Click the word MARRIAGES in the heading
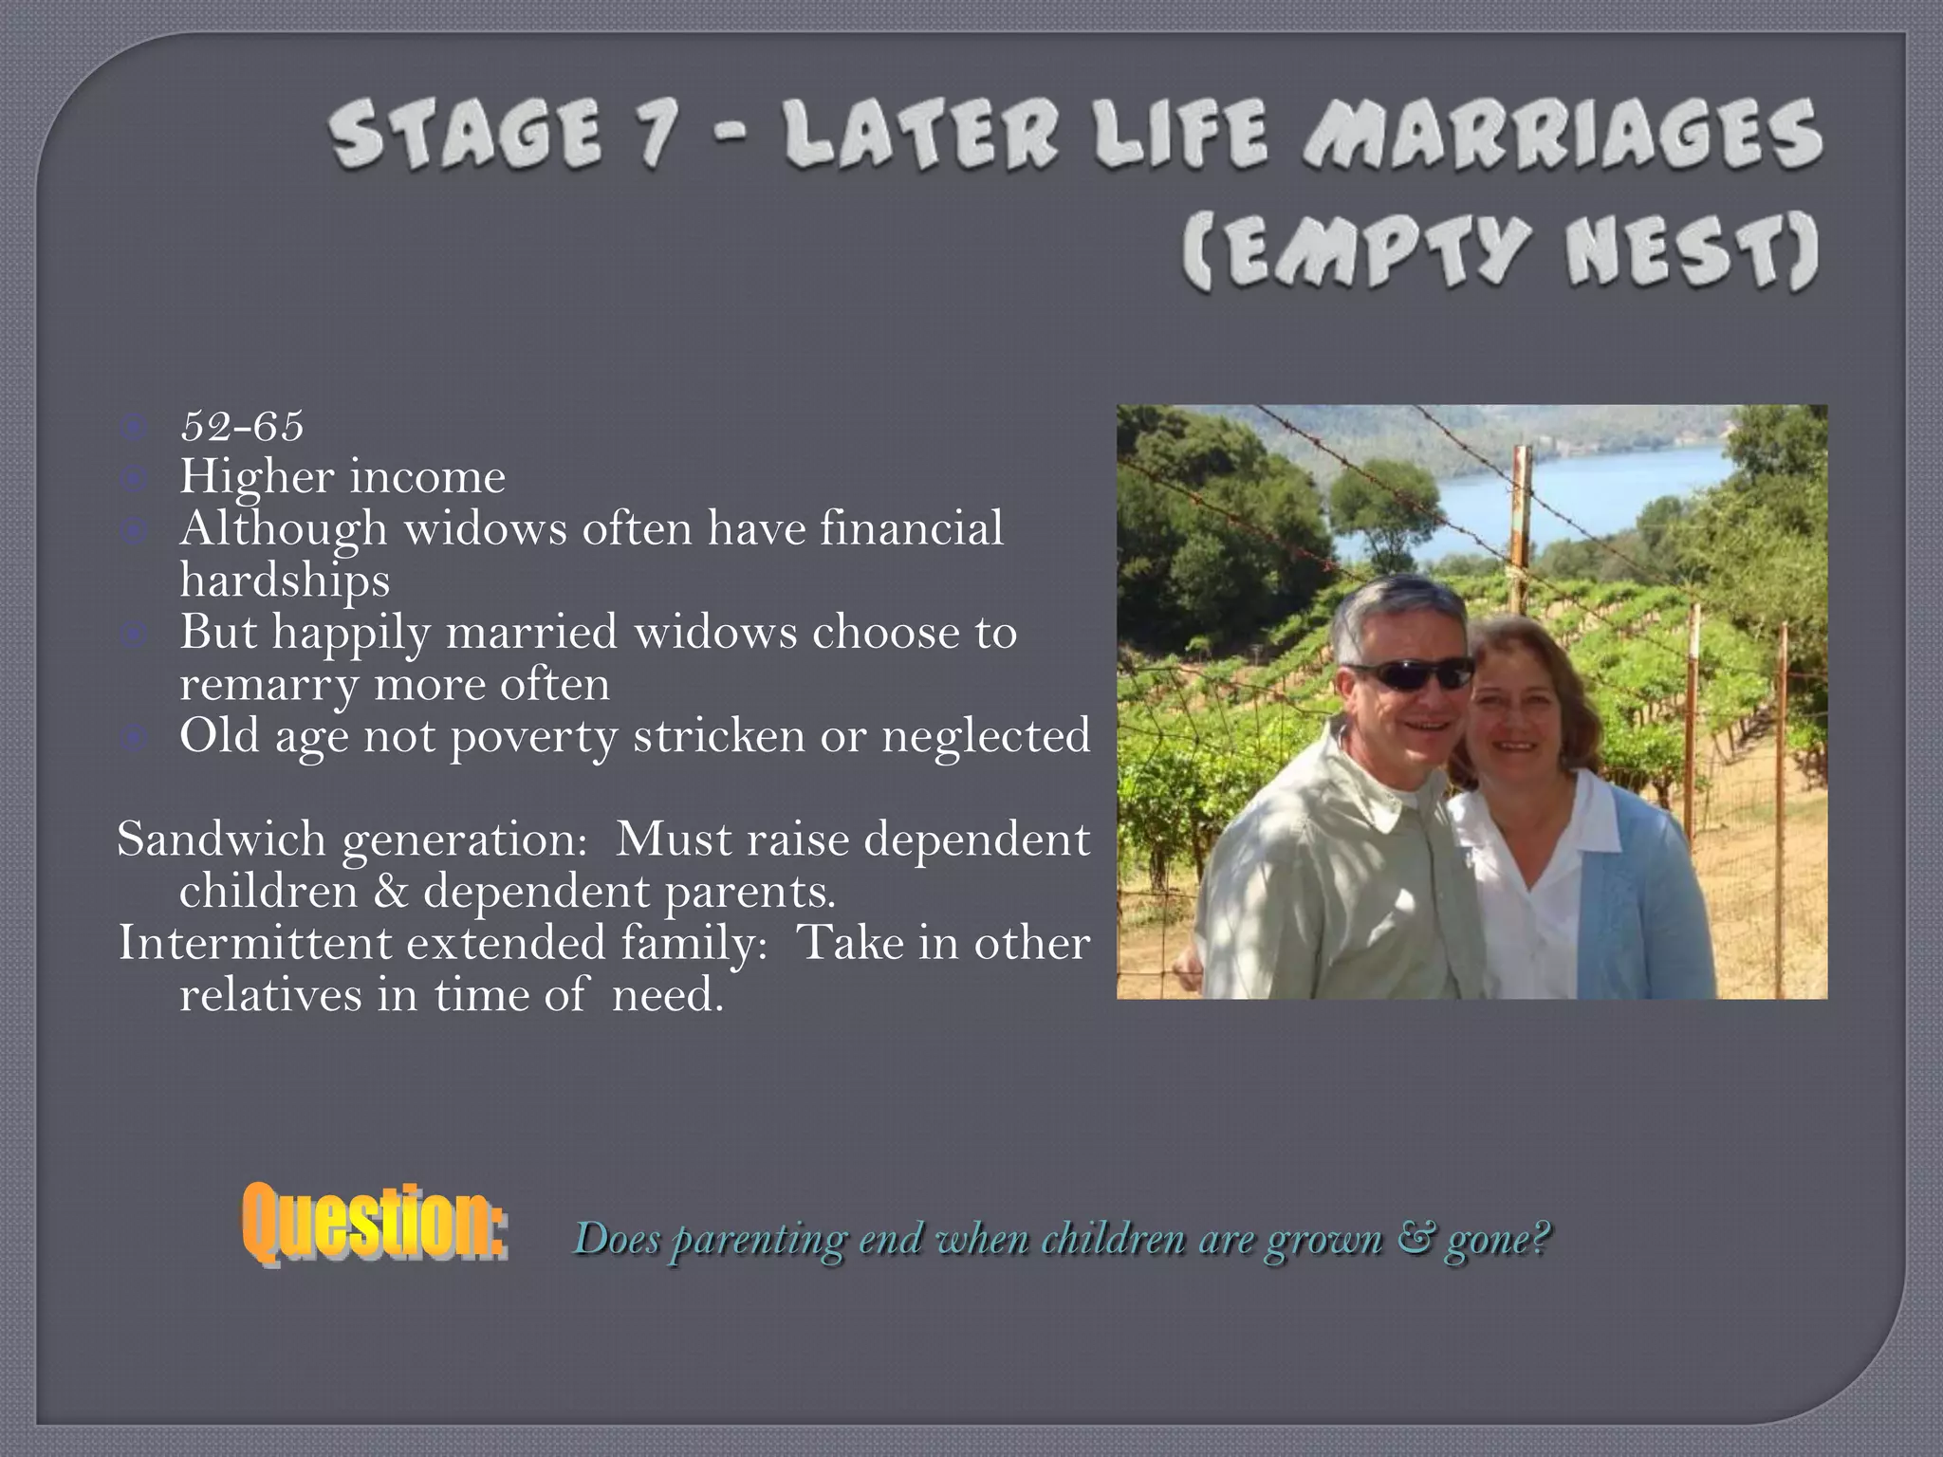[1561, 138]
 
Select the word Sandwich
[221, 839]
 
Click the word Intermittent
[254, 943]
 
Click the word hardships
[285, 581]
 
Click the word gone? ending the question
[1498, 1239]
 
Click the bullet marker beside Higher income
[135, 479]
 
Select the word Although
[284, 528]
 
